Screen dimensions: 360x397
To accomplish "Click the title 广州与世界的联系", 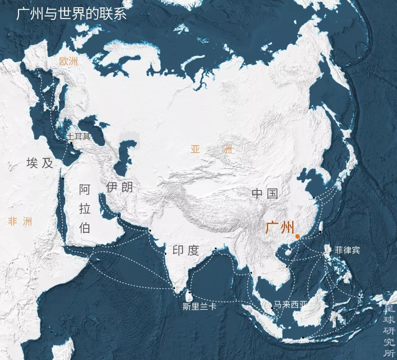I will pyautogui.click(x=71, y=14).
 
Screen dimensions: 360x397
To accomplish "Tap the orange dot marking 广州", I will pyautogui.click(x=297, y=236).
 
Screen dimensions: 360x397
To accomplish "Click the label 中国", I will pyautogui.click(x=265, y=193).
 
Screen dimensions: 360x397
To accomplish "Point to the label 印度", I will pyautogui.click(x=186, y=250).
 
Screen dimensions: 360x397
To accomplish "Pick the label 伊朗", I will pyautogui.click(x=119, y=187).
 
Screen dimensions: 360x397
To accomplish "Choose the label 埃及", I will pyautogui.click(x=40, y=163).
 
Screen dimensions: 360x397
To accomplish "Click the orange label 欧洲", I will pyautogui.click(x=69, y=61).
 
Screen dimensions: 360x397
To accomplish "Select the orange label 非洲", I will pyautogui.click(x=20, y=221).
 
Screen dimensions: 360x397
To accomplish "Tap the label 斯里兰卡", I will pyautogui.click(x=199, y=306).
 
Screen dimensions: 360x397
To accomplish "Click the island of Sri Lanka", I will pyautogui.click(x=190, y=295).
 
